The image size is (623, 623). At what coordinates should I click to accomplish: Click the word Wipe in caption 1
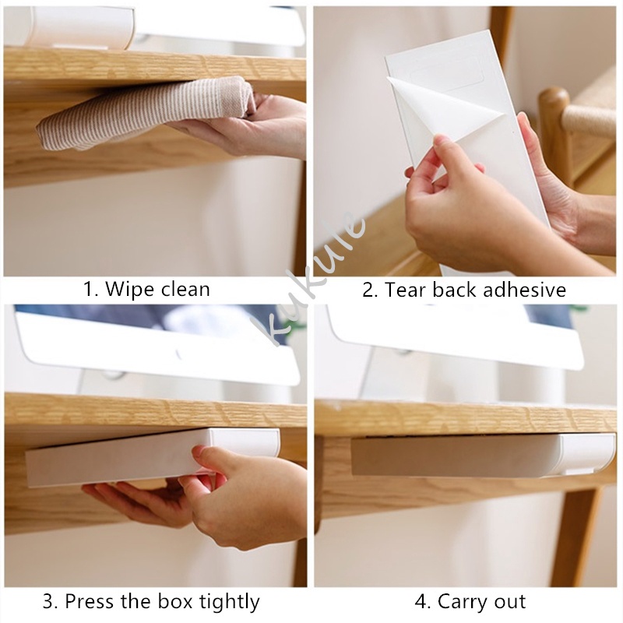[130, 289]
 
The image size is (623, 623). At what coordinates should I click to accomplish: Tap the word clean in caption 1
[185, 289]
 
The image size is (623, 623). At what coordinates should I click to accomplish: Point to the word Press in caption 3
[91, 601]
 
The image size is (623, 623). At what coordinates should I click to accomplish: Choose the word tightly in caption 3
[229, 603]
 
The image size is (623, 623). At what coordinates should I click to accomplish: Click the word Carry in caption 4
[463, 602]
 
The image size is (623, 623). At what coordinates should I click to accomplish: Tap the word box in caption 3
[176, 601]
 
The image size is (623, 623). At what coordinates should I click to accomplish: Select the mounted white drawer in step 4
[483, 455]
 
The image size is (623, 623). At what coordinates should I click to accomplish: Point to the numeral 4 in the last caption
[421, 601]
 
